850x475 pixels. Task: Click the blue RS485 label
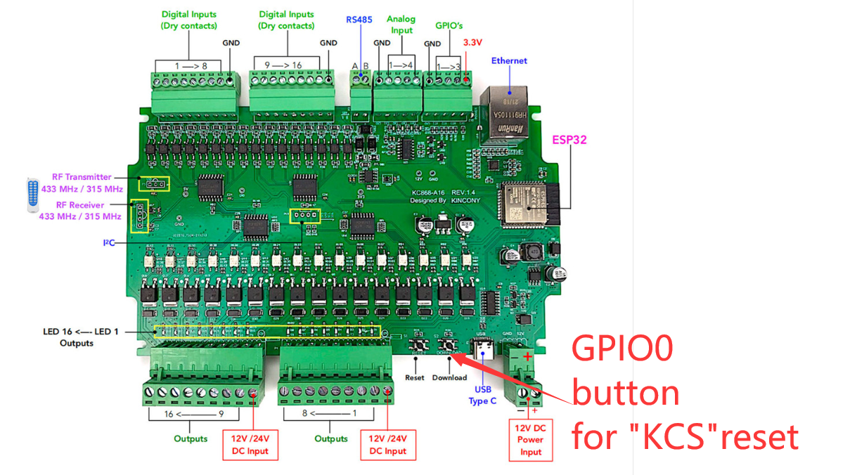[359, 19]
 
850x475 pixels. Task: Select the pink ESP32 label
[569, 140]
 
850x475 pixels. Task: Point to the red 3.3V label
[472, 43]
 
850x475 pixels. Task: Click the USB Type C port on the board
[483, 349]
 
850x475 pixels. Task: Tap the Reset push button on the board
[421, 345]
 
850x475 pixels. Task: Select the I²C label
[109, 243]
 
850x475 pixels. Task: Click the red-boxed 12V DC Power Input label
[531, 440]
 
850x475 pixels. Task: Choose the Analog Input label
[401, 25]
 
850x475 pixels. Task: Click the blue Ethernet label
[509, 60]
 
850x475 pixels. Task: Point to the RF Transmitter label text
[82, 177]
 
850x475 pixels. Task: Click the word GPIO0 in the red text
[622, 349]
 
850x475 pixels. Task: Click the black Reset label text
[415, 377]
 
